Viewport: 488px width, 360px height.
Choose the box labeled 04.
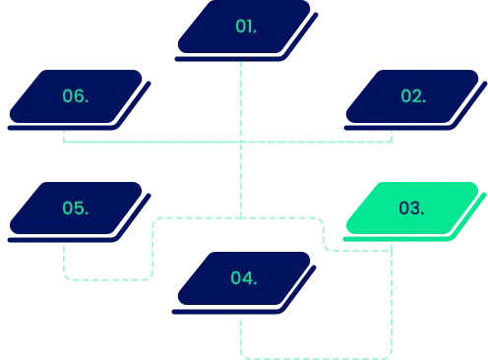tap(245, 278)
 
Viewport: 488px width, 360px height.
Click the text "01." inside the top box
tap(246, 27)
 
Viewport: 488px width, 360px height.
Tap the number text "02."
tap(413, 96)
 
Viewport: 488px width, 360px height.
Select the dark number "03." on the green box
tap(412, 209)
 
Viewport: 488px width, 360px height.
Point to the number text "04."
tap(245, 278)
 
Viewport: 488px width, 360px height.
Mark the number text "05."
tap(76, 209)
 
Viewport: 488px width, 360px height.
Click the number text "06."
tap(76, 96)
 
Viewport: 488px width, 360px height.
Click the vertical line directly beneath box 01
tap(240, 98)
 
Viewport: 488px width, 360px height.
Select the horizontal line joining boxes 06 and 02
tap(148, 142)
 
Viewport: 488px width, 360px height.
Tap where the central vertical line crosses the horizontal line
tap(240, 142)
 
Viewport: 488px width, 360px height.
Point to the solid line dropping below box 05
tap(66, 261)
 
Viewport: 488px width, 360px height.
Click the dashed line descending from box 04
tap(240, 334)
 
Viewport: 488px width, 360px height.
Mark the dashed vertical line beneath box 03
tap(392, 295)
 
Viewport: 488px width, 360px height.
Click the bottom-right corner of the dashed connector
tap(392, 354)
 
